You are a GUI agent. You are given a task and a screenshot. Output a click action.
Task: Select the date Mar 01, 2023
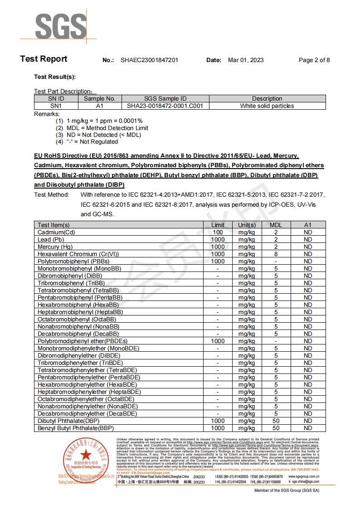click(245, 60)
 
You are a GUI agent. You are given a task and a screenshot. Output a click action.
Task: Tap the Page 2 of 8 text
click(314, 60)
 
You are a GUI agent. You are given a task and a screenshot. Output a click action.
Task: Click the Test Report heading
click(44, 59)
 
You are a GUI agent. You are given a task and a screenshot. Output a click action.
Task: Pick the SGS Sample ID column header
click(165, 98)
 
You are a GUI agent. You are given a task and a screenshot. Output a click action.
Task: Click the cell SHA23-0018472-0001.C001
click(165, 106)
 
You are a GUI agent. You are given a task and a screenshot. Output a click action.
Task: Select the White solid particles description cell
click(267, 106)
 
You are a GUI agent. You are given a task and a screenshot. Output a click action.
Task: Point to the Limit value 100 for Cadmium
click(218, 232)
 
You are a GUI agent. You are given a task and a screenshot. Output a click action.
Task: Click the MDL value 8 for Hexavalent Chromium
click(276, 254)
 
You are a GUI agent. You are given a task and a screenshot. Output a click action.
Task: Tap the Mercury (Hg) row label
click(55, 247)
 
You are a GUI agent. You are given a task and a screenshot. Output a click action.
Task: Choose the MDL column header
click(276, 225)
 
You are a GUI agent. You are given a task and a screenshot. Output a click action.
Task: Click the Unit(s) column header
click(246, 225)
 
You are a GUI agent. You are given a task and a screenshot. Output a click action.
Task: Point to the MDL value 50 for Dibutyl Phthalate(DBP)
click(276, 421)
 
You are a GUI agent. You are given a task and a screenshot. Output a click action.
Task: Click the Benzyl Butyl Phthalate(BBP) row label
click(76, 428)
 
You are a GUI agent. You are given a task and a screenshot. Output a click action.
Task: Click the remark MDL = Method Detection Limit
click(107, 128)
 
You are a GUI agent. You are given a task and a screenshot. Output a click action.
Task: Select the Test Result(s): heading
click(55, 77)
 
